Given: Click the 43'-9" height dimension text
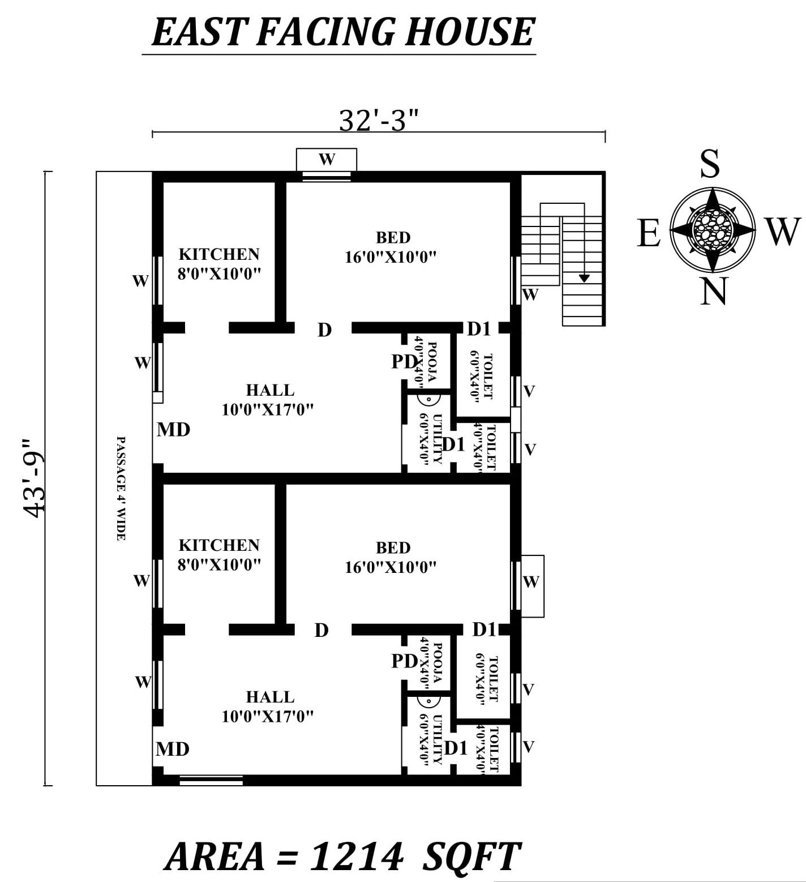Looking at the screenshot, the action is click(35, 478).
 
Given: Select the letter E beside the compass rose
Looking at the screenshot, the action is click(649, 233).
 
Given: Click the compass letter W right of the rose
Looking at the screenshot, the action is click(783, 232).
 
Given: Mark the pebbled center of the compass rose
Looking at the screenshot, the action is click(712, 230).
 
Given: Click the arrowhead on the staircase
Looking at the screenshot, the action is click(584, 278).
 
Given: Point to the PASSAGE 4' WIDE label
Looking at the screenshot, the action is click(120, 488).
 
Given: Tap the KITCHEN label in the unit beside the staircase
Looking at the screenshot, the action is click(219, 254).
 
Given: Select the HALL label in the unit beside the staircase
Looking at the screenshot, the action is click(270, 390).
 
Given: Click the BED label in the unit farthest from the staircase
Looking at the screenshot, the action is click(393, 547).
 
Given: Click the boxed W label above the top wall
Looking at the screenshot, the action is click(327, 159).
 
